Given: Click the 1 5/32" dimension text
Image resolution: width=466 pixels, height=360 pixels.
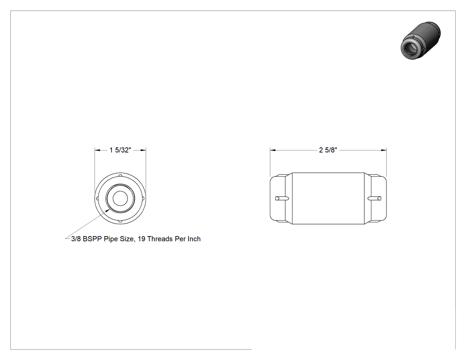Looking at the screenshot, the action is coord(120,150).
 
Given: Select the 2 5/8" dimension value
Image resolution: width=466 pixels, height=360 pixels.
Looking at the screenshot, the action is coord(328,150).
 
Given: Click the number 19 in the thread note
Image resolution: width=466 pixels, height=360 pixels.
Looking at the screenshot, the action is coord(142,239).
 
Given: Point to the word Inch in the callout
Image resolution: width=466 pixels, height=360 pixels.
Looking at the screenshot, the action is coord(194,239).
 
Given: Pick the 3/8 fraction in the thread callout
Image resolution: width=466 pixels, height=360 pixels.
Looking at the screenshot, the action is coord(76,239).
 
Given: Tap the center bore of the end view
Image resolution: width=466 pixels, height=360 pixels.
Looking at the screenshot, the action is coord(120,198).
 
